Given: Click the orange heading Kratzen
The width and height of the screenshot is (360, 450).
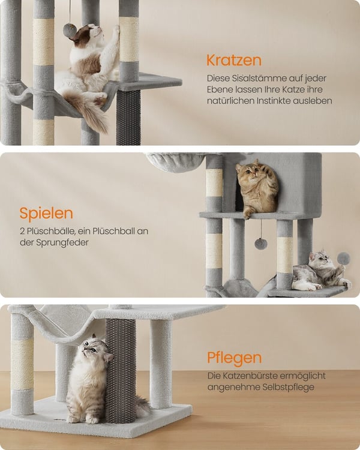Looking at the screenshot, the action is tap(234, 60).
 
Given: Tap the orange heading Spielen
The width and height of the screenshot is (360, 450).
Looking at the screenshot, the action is tap(46, 214).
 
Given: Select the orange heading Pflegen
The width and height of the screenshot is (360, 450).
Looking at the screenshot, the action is tap(235, 358).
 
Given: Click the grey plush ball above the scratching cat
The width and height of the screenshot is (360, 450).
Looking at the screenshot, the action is tap(70, 31).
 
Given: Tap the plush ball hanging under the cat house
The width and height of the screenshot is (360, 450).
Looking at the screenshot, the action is tap(260, 244).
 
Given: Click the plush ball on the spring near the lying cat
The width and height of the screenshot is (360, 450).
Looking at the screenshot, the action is tap(343, 259).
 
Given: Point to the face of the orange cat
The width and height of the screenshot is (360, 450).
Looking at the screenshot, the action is tap(248, 173).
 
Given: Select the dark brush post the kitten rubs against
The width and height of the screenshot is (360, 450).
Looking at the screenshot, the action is tap(120, 371).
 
